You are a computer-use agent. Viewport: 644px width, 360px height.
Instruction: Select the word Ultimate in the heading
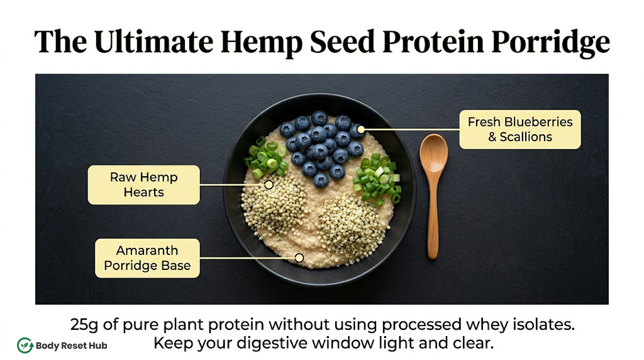coord(153,41)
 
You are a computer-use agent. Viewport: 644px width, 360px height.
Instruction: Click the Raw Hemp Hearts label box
coord(144,184)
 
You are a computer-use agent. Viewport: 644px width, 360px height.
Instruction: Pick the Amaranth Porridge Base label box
coord(147,258)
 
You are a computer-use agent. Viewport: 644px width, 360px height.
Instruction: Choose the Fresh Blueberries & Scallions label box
coord(520,129)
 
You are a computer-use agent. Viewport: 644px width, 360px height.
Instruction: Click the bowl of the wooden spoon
coord(433,153)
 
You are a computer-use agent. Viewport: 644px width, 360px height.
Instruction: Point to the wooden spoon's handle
coord(433,215)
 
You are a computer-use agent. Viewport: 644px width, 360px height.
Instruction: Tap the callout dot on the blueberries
coord(361,130)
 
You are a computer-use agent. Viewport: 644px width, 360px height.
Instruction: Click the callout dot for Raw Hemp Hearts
coord(269,185)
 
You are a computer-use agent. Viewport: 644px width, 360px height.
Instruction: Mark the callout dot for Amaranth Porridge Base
coord(299,258)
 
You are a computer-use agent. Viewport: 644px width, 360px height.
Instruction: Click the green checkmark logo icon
coord(25,346)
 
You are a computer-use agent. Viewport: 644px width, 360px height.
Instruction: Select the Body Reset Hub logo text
coord(72,346)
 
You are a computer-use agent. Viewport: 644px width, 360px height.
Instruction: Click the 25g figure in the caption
coord(84,325)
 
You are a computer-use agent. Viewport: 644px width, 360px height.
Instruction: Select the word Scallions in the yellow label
coord(526,137)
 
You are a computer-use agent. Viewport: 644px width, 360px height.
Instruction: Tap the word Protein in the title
coord(433,42)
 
